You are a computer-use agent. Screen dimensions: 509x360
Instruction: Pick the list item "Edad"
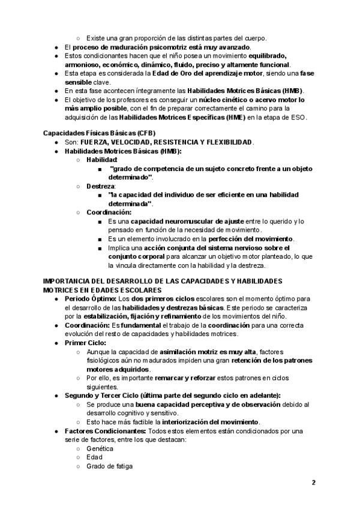[x=94, y=457]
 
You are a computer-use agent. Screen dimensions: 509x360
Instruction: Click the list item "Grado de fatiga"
[x=109, y=466]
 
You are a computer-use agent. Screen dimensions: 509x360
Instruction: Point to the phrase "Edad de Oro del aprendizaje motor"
[x=194, y=73]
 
